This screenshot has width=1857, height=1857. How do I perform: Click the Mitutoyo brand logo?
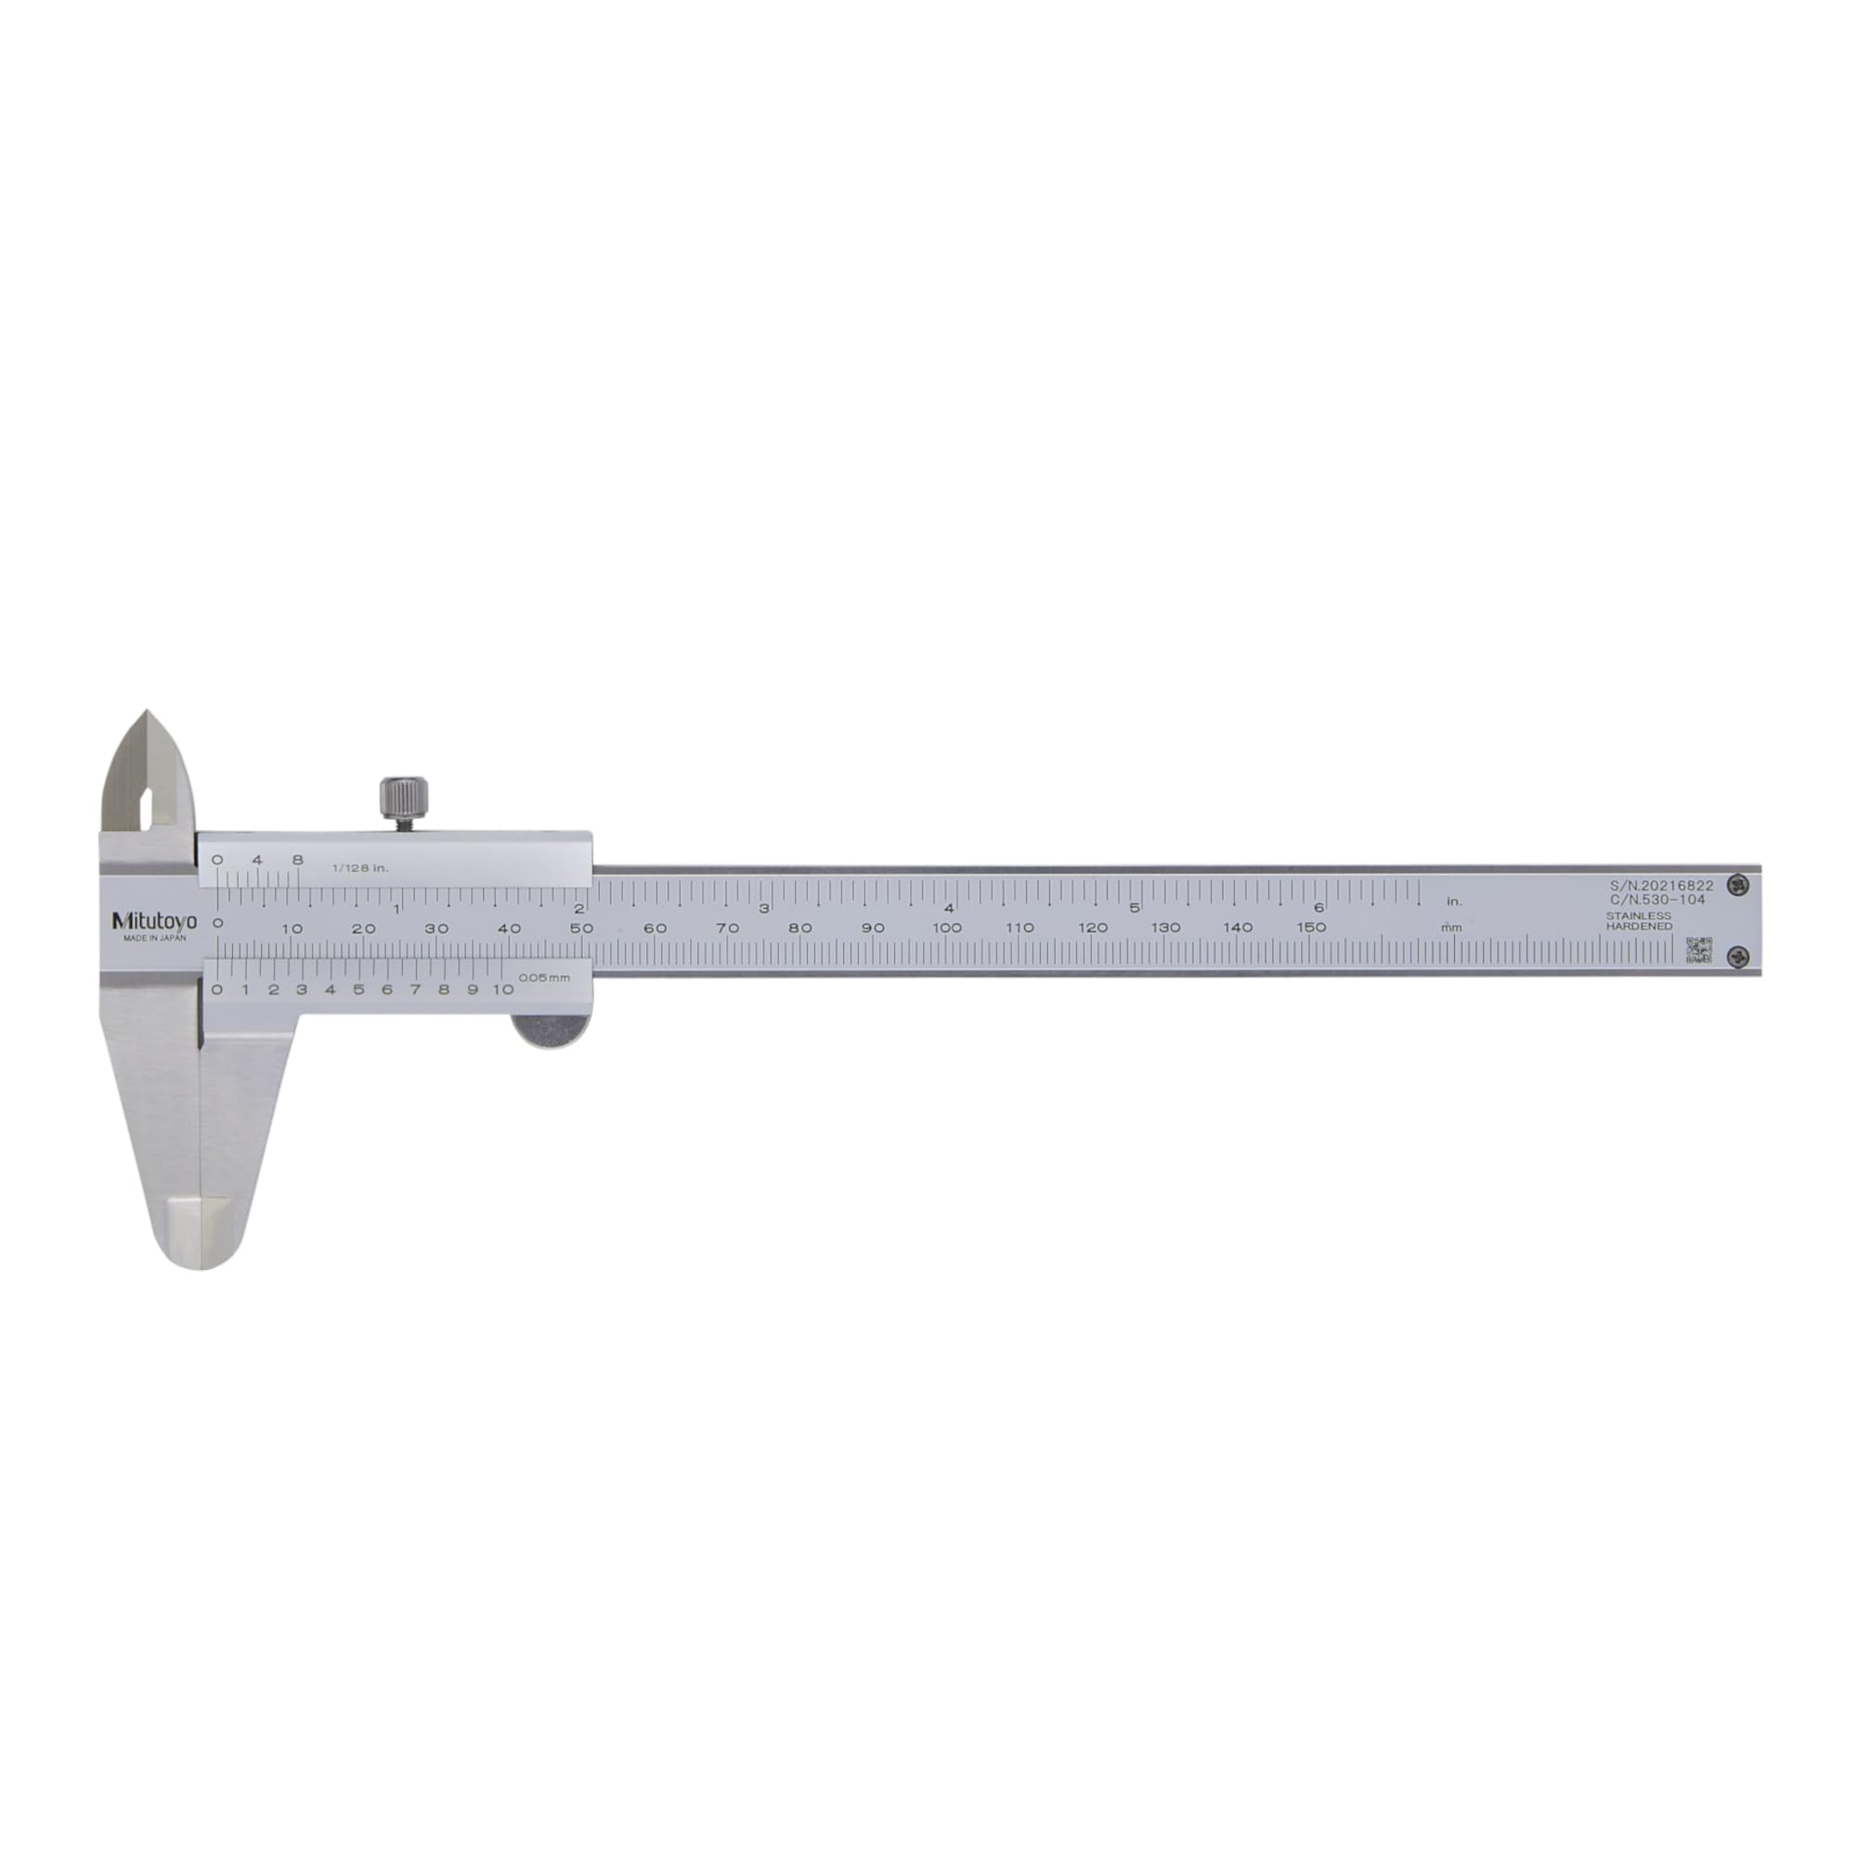click(x=154, y=921)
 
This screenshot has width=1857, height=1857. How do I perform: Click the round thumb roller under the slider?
click(x=551, y=1030)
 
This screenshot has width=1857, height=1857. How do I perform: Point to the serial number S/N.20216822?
click(x=1661, y=885)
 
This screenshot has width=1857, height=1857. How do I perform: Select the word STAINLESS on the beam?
click(x=1638, y=916)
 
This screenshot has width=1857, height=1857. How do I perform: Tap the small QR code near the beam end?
click(x=1698, y=950)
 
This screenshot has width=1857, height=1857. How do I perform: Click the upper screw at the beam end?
click(x=1737, y=884)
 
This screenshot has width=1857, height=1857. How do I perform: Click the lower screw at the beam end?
click(x=1737, y=955)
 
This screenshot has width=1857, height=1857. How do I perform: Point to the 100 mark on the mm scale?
click(x=947, y=928)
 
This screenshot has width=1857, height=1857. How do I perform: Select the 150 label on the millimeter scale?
click(x=1311, y=928)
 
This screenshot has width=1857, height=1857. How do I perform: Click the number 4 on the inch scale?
click(x=949, y=908)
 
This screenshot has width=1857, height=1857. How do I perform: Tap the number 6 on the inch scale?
click(x=1318, y=907)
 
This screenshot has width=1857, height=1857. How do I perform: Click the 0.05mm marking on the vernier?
click(x=544, y=978)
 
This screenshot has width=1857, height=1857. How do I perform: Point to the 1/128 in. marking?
click(x=360, y=868)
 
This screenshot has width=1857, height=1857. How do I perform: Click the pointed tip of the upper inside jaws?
click(x=147, y=713)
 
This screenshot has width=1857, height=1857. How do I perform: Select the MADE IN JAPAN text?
click(x=155, y=938)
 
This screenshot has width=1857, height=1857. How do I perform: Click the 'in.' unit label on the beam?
click(x=1454, y=902)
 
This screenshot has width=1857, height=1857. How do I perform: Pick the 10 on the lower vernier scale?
click(x=502, y=989)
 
